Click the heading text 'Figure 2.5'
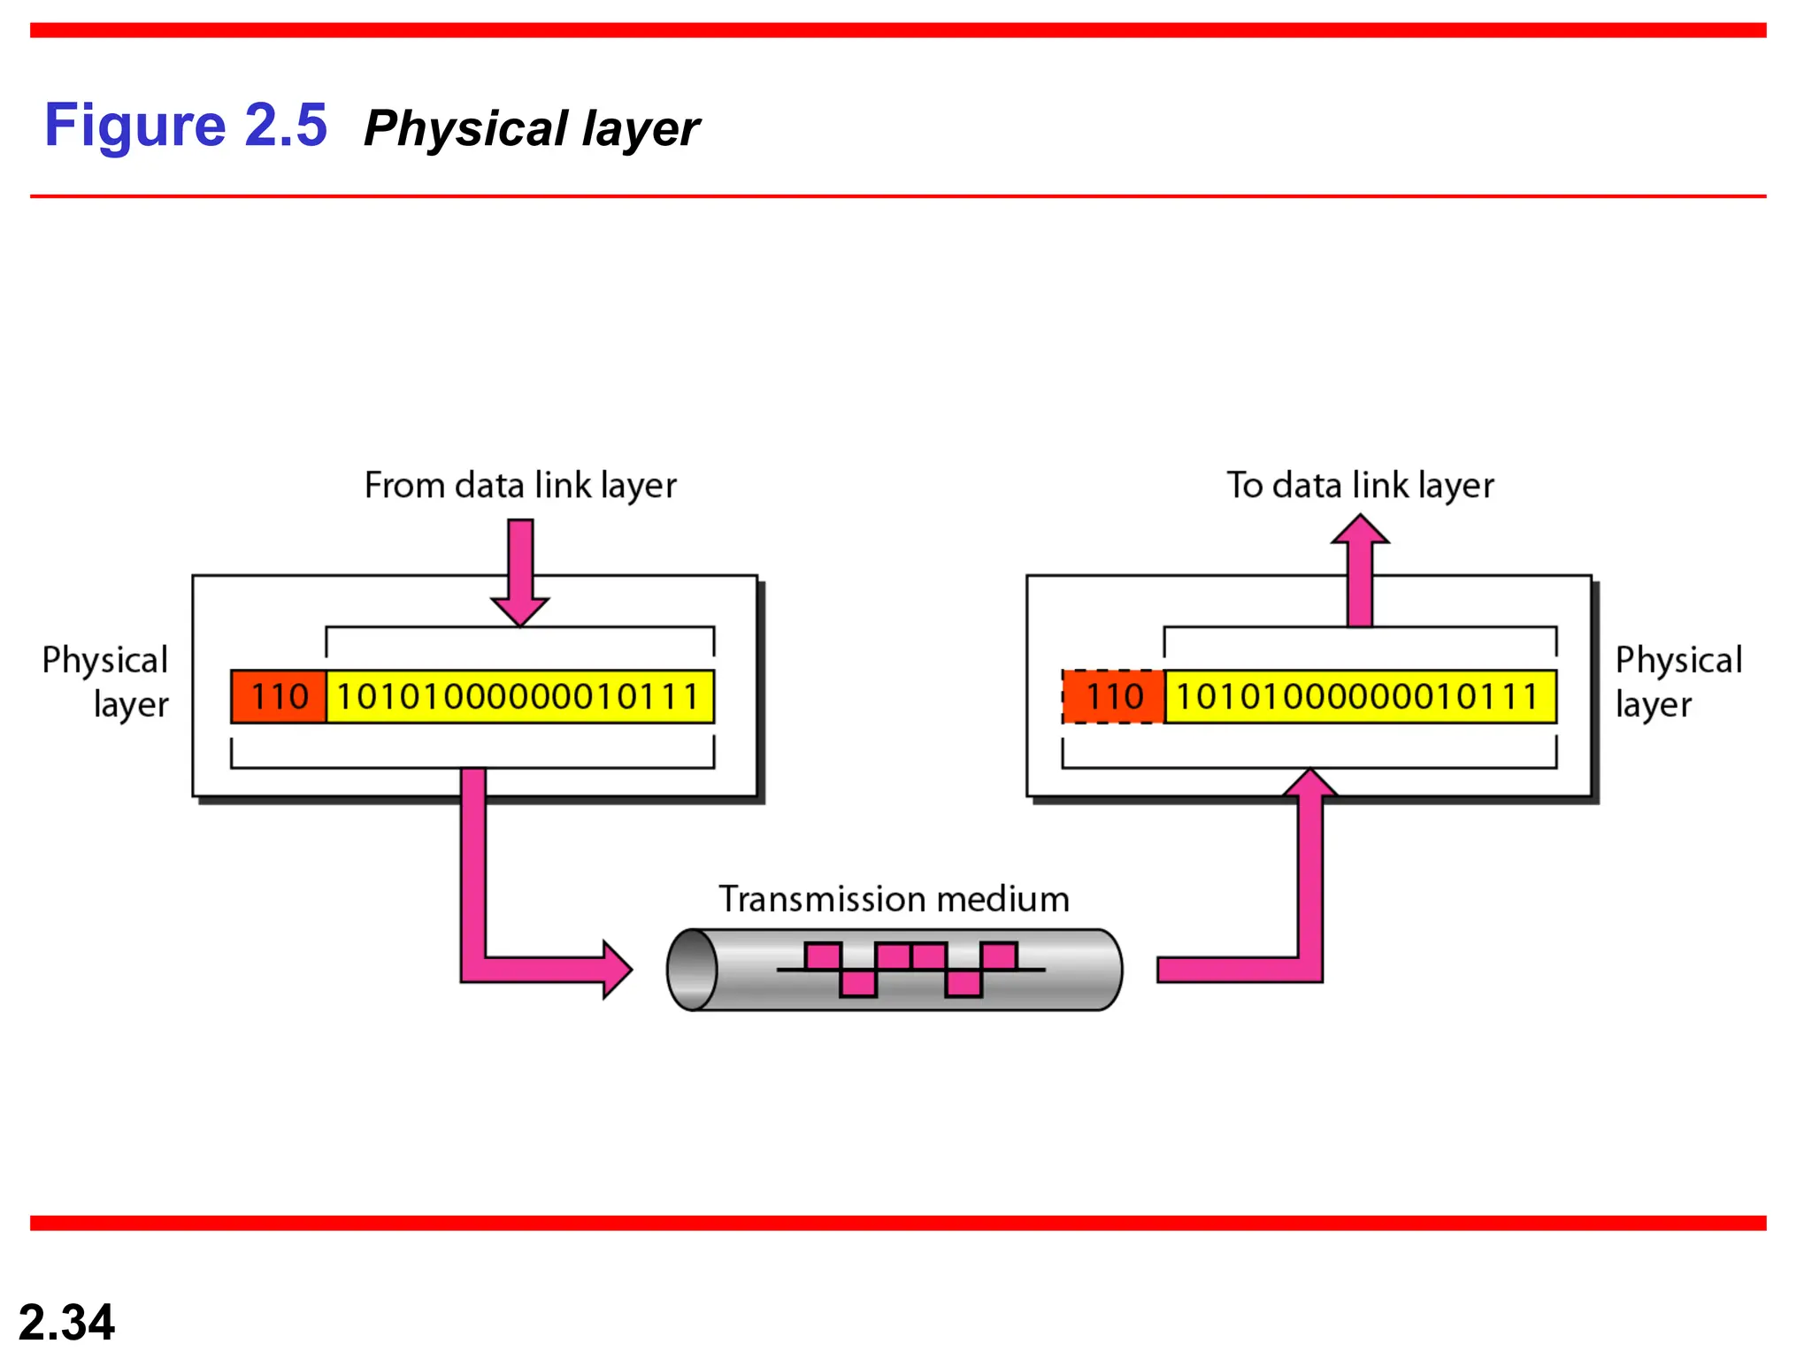(x=186, y=125)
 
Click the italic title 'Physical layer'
(x=531, y=129)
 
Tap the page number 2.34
(x=66, y=1322)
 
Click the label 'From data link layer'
(x=520, y=486)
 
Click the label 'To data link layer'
(x=1360, y=486)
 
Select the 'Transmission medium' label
(x=894, y=899)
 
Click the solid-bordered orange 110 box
(x=279, y=697)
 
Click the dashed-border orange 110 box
(x=1114, y=697)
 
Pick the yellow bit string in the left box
(x=519, y=697)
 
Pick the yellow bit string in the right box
(x=1360, y=697)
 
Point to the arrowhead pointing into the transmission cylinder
(x=617, y=970)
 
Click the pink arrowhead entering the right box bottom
(x=1310, y=784)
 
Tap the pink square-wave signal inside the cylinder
(x=911, y=970)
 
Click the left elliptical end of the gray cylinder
(x=692, y=970)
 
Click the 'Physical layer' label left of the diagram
(x=106, y=682)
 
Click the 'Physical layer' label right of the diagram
(x=1678, y=682)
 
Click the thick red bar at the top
(x=898, y=30)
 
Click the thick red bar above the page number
(x=898, y=1223)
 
